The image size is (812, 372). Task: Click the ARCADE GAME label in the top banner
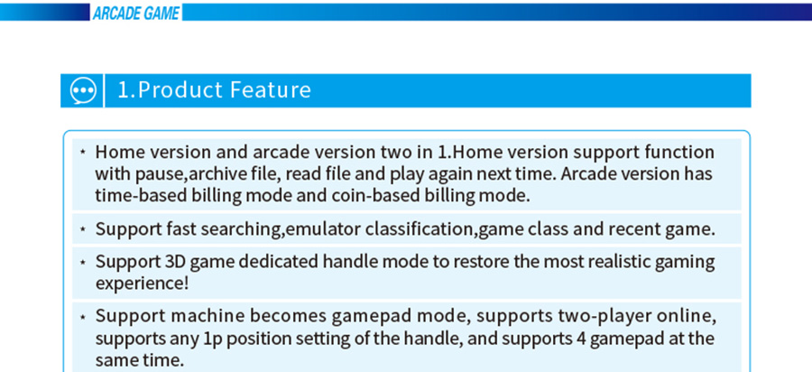click(135, 13)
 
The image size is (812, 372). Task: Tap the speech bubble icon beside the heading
click(83, 90)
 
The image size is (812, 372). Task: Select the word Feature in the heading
click(270, 89)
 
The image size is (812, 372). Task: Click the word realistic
click(617, 262)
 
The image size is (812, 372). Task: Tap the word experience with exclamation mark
click(142, 284)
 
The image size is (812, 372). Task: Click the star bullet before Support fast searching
click(83, 228)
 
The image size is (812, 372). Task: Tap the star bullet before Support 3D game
click(83, 262)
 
